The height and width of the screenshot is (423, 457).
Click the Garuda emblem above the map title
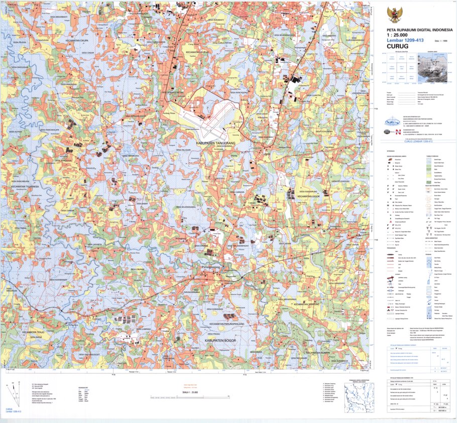[393, 15]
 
